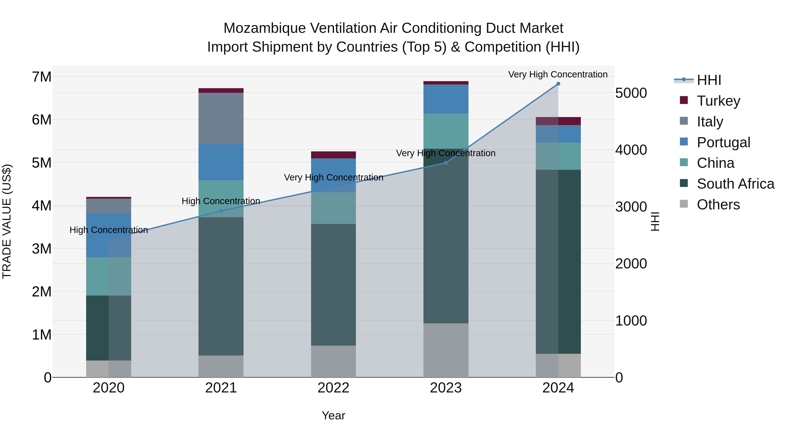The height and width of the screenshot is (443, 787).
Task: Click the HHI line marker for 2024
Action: point(558,84)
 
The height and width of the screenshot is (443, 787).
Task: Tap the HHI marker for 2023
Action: point(446,163)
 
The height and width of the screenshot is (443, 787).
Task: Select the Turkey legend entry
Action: point(718,101)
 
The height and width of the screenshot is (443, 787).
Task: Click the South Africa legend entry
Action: point(735,184)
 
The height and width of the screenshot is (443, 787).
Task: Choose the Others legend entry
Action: point(718,205)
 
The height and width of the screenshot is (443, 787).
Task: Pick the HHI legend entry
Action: point(709,80)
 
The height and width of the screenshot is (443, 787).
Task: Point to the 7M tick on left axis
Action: point(42,77)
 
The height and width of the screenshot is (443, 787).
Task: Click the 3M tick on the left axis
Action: point(42,249)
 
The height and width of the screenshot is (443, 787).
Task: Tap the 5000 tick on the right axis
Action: point(631,93)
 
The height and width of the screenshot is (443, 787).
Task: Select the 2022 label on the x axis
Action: point(333,388)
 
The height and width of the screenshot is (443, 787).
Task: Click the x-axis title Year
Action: point(333,415)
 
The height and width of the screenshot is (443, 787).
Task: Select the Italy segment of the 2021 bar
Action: point(221,118)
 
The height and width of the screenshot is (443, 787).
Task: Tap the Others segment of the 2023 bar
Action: point(446,350)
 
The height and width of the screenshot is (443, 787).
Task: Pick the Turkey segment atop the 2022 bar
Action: point(333,155)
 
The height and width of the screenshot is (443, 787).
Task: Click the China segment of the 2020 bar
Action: point(108,276)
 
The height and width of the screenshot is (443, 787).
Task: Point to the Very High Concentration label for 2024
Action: point(558,75)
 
